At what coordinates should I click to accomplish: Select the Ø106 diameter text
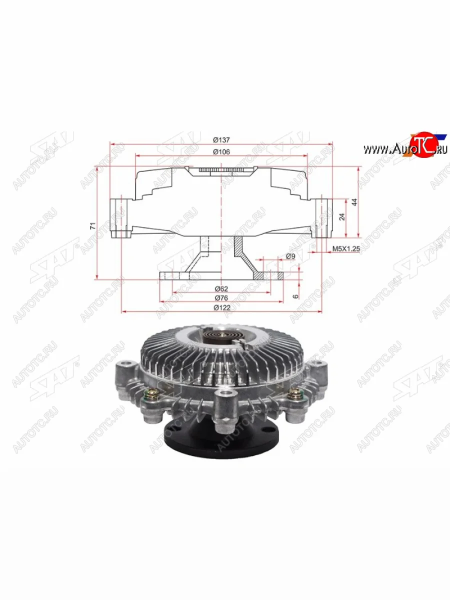220,151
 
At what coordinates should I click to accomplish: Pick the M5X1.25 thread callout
346,248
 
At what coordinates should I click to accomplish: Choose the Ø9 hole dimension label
290,256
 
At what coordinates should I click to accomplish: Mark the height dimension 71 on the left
92,225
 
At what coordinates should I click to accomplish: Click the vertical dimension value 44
354,202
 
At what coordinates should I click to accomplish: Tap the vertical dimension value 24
342,217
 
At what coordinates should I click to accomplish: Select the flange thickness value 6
295,295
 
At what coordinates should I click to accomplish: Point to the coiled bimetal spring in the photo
219,336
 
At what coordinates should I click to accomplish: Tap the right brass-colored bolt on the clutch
295,397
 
